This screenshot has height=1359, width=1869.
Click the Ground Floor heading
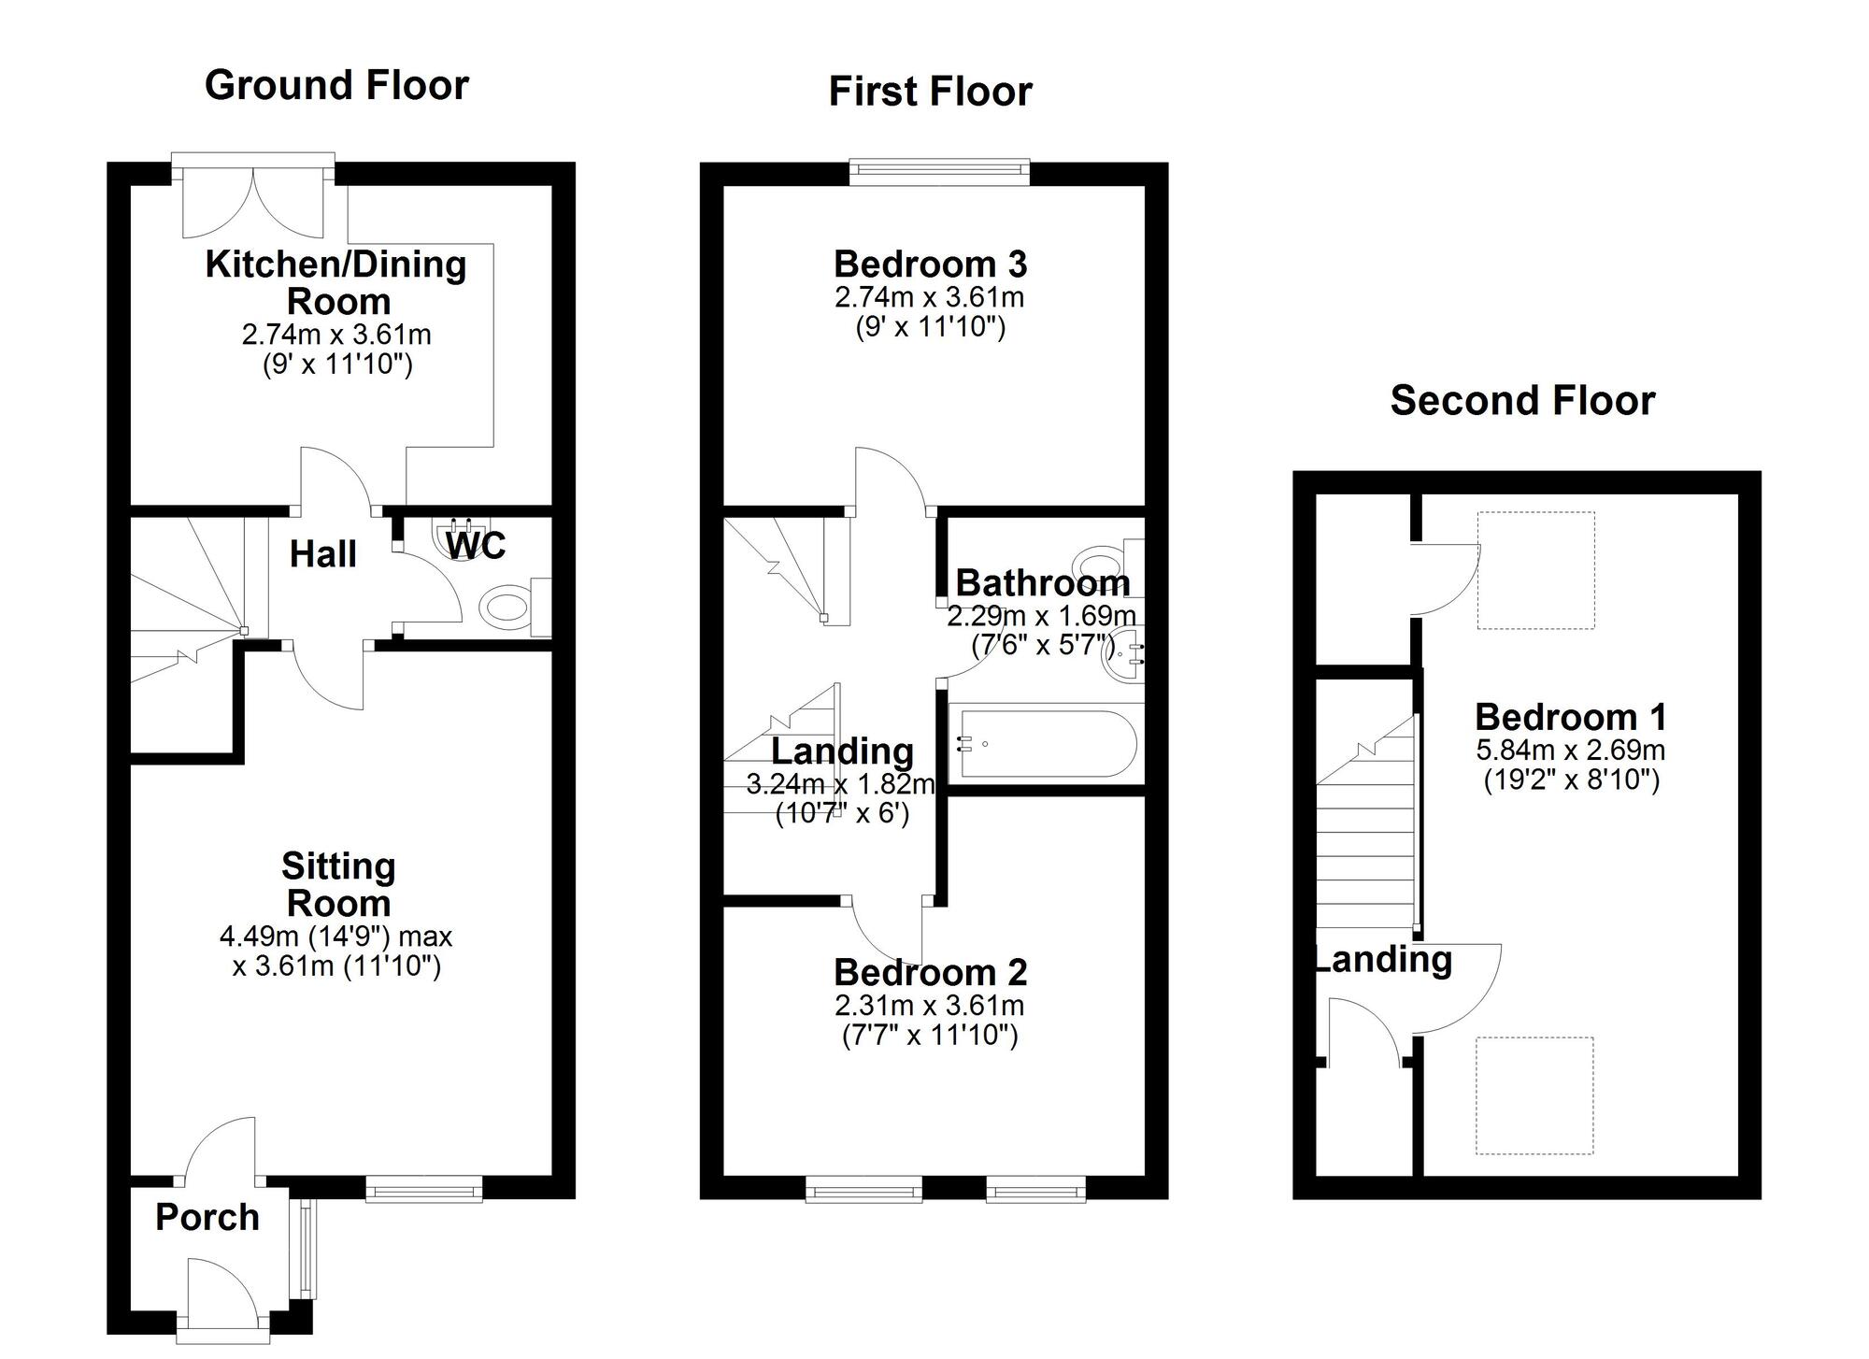(336, 85)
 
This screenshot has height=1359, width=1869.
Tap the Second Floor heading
(1522, 400)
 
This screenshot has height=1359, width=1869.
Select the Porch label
(207, 1217)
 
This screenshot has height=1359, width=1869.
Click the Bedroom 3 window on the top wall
(939, 168)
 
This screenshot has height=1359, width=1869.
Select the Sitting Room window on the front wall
(424, 1189)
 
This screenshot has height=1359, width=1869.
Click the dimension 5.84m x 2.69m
(1571, 750)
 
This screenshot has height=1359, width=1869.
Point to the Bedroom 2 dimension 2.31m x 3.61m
(930, 1006)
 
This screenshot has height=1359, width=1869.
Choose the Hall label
(322, 554)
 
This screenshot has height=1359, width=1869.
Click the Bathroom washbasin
(1123, 654)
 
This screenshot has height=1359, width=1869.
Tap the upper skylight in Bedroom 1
(1535, 570)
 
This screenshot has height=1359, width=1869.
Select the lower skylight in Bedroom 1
(1534, 1095)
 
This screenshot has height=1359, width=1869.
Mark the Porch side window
(307, 1249)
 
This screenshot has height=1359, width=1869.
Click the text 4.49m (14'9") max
(336, 936)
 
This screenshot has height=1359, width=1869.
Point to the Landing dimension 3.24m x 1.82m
(840, 783)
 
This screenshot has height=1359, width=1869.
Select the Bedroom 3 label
(930, 265)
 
